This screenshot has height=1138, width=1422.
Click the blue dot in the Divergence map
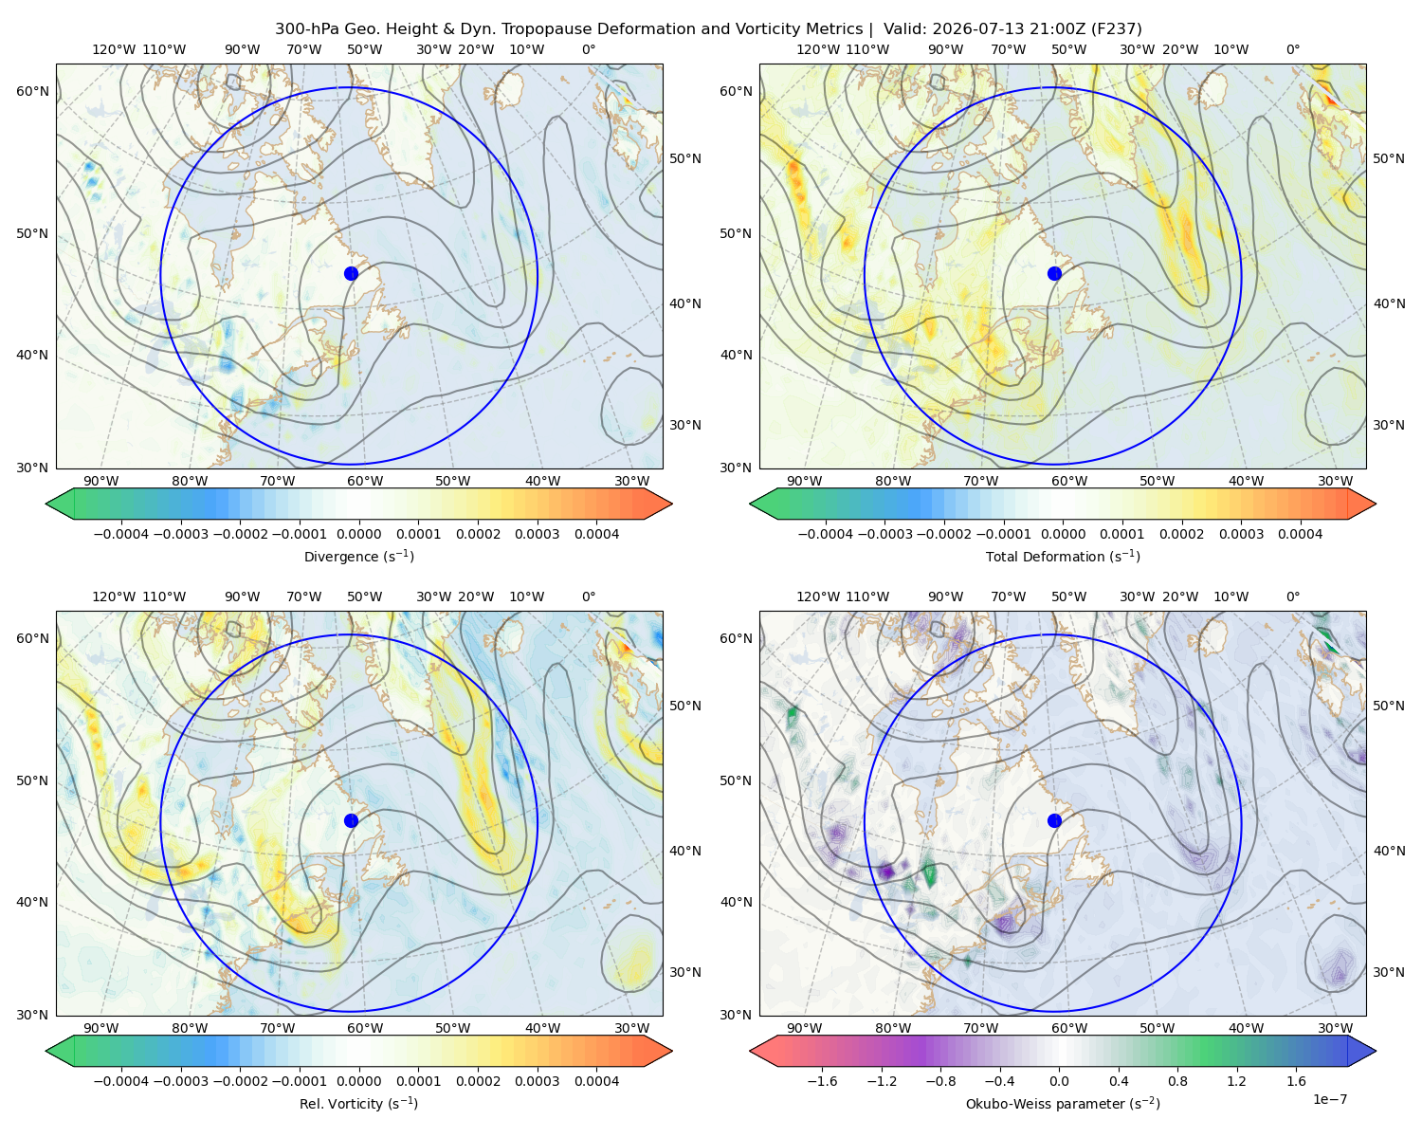click(x=351, y=273)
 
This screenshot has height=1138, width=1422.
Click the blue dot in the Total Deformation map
click(x=1054, y=273)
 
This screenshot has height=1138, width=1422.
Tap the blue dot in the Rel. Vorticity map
click(x=351, y=820)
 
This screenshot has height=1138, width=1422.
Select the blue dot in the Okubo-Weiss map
click(x=1054, y=820)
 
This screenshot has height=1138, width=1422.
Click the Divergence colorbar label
click(x=358, y=556)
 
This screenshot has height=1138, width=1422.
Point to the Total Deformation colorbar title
click(x=1063, y=556)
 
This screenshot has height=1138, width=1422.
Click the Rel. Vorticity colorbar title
click(x=358, y=1103)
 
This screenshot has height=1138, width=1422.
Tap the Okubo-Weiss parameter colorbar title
click(x=1063, y=1103)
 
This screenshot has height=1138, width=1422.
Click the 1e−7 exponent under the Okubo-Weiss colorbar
click(x=1329, y=1099)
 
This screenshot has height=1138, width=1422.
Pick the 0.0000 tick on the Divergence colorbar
click(x=358, y=534)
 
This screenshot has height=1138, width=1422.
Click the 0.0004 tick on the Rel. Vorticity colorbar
click(x=596, y=1080)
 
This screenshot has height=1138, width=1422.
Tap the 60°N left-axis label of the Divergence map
click(x=32, y=91)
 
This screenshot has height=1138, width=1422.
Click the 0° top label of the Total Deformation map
click(x=1292, y=49)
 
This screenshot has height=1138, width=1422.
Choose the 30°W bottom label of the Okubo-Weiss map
click(x=1335, y=1028)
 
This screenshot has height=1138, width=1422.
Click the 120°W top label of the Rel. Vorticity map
click(x=114, y=597)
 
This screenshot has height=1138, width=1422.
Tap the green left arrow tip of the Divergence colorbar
click(x=46, y=504)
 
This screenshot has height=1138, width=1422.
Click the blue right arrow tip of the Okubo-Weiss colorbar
click(x=1375, y=1051)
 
